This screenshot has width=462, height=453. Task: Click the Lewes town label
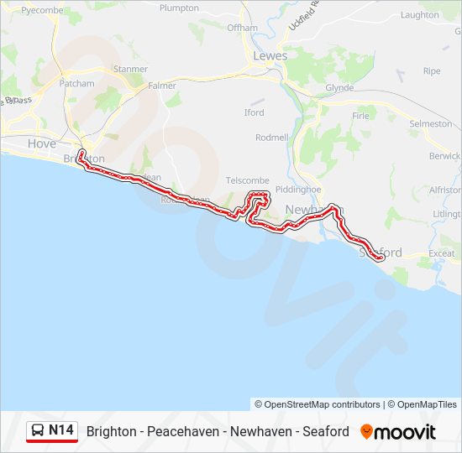click(270, 55)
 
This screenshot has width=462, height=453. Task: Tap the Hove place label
click(42, 143)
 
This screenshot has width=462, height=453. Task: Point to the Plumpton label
click(179, 8)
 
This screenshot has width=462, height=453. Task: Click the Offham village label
click(242, 28)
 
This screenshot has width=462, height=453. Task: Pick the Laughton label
click(420, 15)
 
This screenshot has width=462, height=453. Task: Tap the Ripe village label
click(432, 71)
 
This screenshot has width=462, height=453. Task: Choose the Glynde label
click(339, 87)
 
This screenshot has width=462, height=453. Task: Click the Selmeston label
click(430, 123)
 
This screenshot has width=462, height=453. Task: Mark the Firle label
click(360, 116)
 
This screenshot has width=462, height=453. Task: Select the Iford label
click(254, 112)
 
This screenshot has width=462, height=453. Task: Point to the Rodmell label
click(271, 137)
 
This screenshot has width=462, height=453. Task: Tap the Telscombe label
click(248, 180)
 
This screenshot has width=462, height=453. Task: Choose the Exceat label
click(441, 253)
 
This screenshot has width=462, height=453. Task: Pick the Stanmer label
click(130, 69)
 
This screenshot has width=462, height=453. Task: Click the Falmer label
click(162, 86)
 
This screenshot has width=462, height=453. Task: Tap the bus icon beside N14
click(39, 431)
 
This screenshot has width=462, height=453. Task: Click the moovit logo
click(398, 432)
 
